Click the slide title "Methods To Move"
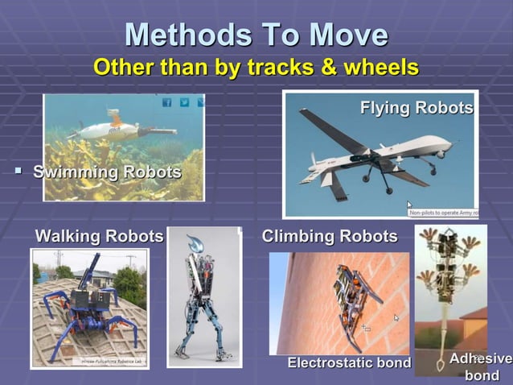click(x=256, y=35)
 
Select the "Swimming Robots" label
click(x=106, y=172)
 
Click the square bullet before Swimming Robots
click(x=17, y=172)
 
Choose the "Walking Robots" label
click(x=99, y=236)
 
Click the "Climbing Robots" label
click(x=330, y=236)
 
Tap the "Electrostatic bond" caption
click(x=349, y=363)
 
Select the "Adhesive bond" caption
click(x=481, y=366)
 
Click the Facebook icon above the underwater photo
click(x=167, y=102)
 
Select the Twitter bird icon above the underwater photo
click(x=184, y=102)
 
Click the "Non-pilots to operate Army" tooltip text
click(x=443, y=213)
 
